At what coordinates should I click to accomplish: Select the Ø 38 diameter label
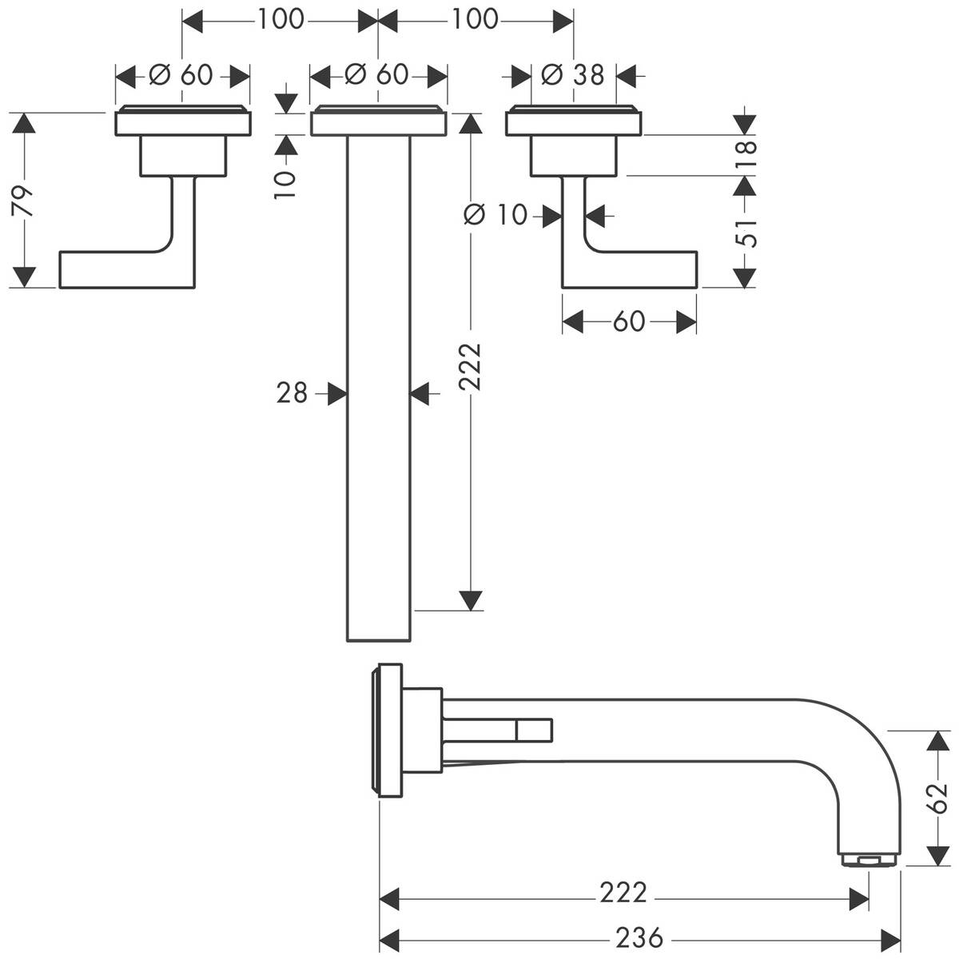click(573, 75)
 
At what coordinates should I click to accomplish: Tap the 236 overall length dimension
click(640, 937)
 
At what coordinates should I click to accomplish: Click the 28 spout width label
click(292, 392)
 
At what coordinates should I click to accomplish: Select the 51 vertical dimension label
click(746, 231)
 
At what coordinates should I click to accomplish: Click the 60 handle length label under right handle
click(629, 321)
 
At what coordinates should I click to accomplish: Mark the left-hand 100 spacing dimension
click(281, 18)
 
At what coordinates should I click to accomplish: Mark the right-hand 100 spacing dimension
click(476, 18)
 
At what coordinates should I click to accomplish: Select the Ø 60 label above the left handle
click(182, 75)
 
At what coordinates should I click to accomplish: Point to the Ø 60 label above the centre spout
click(377, 75)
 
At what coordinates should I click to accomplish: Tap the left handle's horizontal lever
click(112, 269)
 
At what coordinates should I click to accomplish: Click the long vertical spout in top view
click(379, 384)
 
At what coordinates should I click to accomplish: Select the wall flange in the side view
click(388, 730)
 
